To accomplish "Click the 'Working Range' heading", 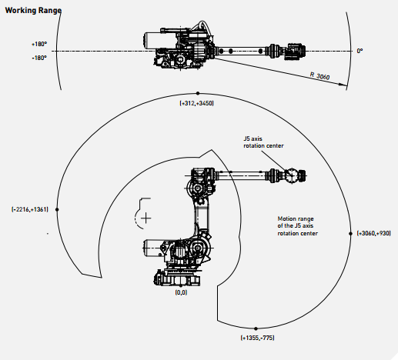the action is [x=33, y=11].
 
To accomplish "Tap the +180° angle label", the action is [x=39, y=44].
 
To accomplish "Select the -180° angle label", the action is [x=39, y=58].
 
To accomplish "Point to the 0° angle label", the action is [x=360, y=51].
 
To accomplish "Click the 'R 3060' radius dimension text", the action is [x=319, y=76].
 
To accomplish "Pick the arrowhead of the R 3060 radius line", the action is [x=343, y=84].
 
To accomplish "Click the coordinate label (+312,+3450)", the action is [x=196, y=103].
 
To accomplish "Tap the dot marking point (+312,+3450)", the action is [x=198, y=94].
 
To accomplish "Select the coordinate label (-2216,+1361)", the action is [x=30, y=209].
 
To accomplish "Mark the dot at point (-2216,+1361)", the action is [x=57, y=209].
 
